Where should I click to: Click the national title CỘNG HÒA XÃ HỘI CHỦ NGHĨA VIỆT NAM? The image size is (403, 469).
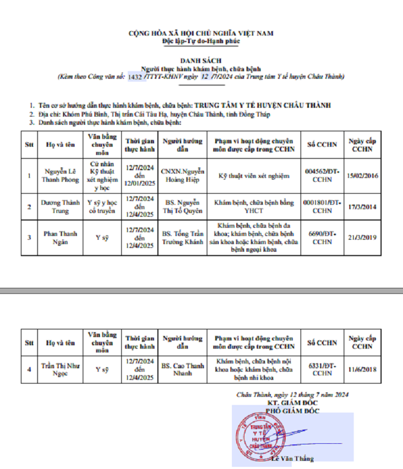point(201,33)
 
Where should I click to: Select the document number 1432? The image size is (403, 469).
point(134,77)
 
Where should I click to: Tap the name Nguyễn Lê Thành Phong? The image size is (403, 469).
point(58,175)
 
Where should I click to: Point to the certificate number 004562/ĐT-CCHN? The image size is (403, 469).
point(322,175)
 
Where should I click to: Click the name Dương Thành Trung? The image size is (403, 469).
point(58,206)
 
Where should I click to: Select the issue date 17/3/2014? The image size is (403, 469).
point(362,206)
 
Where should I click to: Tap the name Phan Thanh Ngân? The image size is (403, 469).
point(58,238)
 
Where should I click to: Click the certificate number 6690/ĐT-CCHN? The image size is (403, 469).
point(322,238)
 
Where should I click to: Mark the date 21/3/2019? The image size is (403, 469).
point(362,238)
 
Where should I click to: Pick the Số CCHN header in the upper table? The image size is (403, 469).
point(322,145)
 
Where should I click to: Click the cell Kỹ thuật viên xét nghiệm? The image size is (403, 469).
point(254,175)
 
